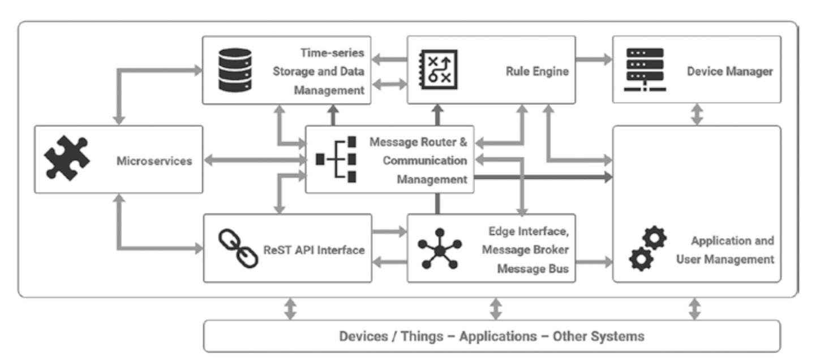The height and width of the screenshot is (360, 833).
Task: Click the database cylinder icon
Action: [234, 70]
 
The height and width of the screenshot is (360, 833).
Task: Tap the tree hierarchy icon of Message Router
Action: [337, 160]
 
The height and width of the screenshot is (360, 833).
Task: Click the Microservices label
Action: [154, 161]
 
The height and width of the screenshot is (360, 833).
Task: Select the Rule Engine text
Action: [537, 71]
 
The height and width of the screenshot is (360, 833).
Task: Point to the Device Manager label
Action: [729, 71]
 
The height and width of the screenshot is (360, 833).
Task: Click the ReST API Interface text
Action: [314, 250]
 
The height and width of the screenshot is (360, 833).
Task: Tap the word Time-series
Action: [333, 53]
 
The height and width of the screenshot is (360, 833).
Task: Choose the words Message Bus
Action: [533, 269]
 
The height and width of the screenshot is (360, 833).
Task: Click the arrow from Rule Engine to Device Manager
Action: [594, 58]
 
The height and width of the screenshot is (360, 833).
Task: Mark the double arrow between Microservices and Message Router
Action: [254, 161]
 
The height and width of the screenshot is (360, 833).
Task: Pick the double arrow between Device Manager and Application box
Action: [697, 114]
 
